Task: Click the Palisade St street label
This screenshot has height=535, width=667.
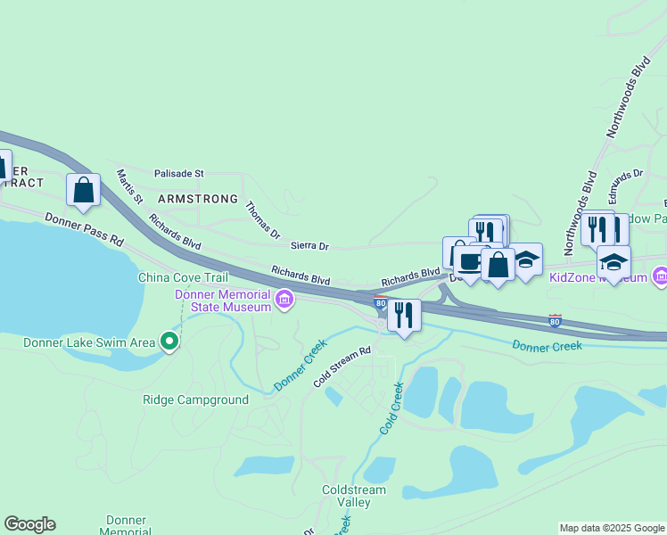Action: coord(179,173)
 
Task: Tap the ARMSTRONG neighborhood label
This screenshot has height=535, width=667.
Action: coord(198,199)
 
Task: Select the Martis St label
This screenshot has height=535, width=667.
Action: coord(129,185)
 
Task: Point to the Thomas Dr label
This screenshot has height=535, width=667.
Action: coord(262,218)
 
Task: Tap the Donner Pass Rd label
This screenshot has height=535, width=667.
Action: coord(84,230)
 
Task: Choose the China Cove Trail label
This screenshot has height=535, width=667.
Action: coord(183,277)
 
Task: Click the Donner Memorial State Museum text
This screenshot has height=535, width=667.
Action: coord(223,301)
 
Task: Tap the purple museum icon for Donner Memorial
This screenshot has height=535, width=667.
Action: coord(284,299)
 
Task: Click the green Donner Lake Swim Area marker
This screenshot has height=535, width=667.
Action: coord(169,341)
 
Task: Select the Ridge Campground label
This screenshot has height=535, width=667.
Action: coord(195,399)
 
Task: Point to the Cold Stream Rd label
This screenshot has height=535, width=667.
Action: coord(342,367)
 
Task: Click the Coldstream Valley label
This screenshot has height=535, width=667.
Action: coord(355,496)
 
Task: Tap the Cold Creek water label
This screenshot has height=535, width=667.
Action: coord(392,408)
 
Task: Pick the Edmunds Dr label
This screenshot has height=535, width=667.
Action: coord(626,186)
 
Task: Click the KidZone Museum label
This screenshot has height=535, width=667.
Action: coord(597,277)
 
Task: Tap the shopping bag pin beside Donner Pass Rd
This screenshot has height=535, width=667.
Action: coord(84,190)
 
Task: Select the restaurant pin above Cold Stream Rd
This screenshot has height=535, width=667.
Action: coord(405,316)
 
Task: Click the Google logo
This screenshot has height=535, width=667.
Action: coord(29,524)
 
